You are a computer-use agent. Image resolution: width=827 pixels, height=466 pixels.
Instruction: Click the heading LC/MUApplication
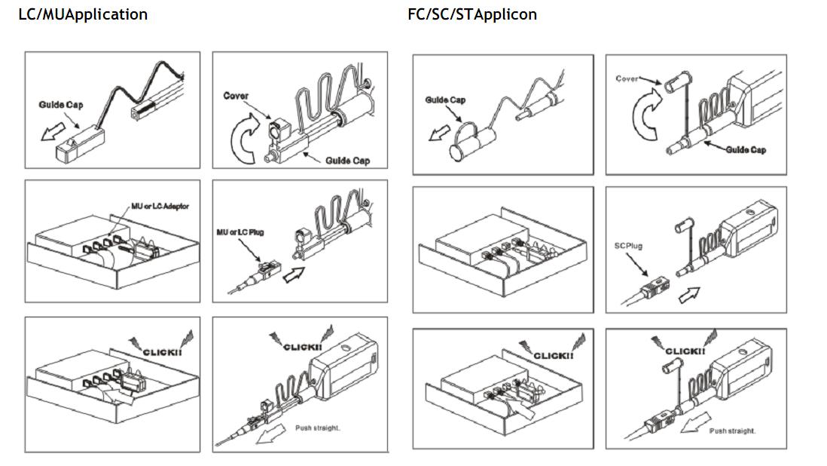pyautogui.click(x=83, y=14)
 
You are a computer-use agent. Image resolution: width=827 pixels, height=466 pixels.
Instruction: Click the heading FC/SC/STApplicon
pyautogui.click(x=472, y=14)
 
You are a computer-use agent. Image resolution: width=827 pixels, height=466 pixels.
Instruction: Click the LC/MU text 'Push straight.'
pyautogui.click(x=317, y=428)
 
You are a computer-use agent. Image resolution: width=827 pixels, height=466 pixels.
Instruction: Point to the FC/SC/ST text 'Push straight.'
pyautogui.click(x=731, y=431)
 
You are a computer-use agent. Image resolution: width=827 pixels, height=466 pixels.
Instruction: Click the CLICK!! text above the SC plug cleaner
pyautogui.click(x=685, y=351)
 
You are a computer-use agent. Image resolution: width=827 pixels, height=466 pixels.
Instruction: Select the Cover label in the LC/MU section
pyautogui.click(x=236, y=96)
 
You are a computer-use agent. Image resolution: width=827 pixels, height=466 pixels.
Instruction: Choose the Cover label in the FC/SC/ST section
pyautogui.click(x=627, y=78)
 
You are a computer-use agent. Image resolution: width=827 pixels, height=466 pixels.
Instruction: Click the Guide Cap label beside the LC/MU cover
pyautogui.click(x=347, y=160)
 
